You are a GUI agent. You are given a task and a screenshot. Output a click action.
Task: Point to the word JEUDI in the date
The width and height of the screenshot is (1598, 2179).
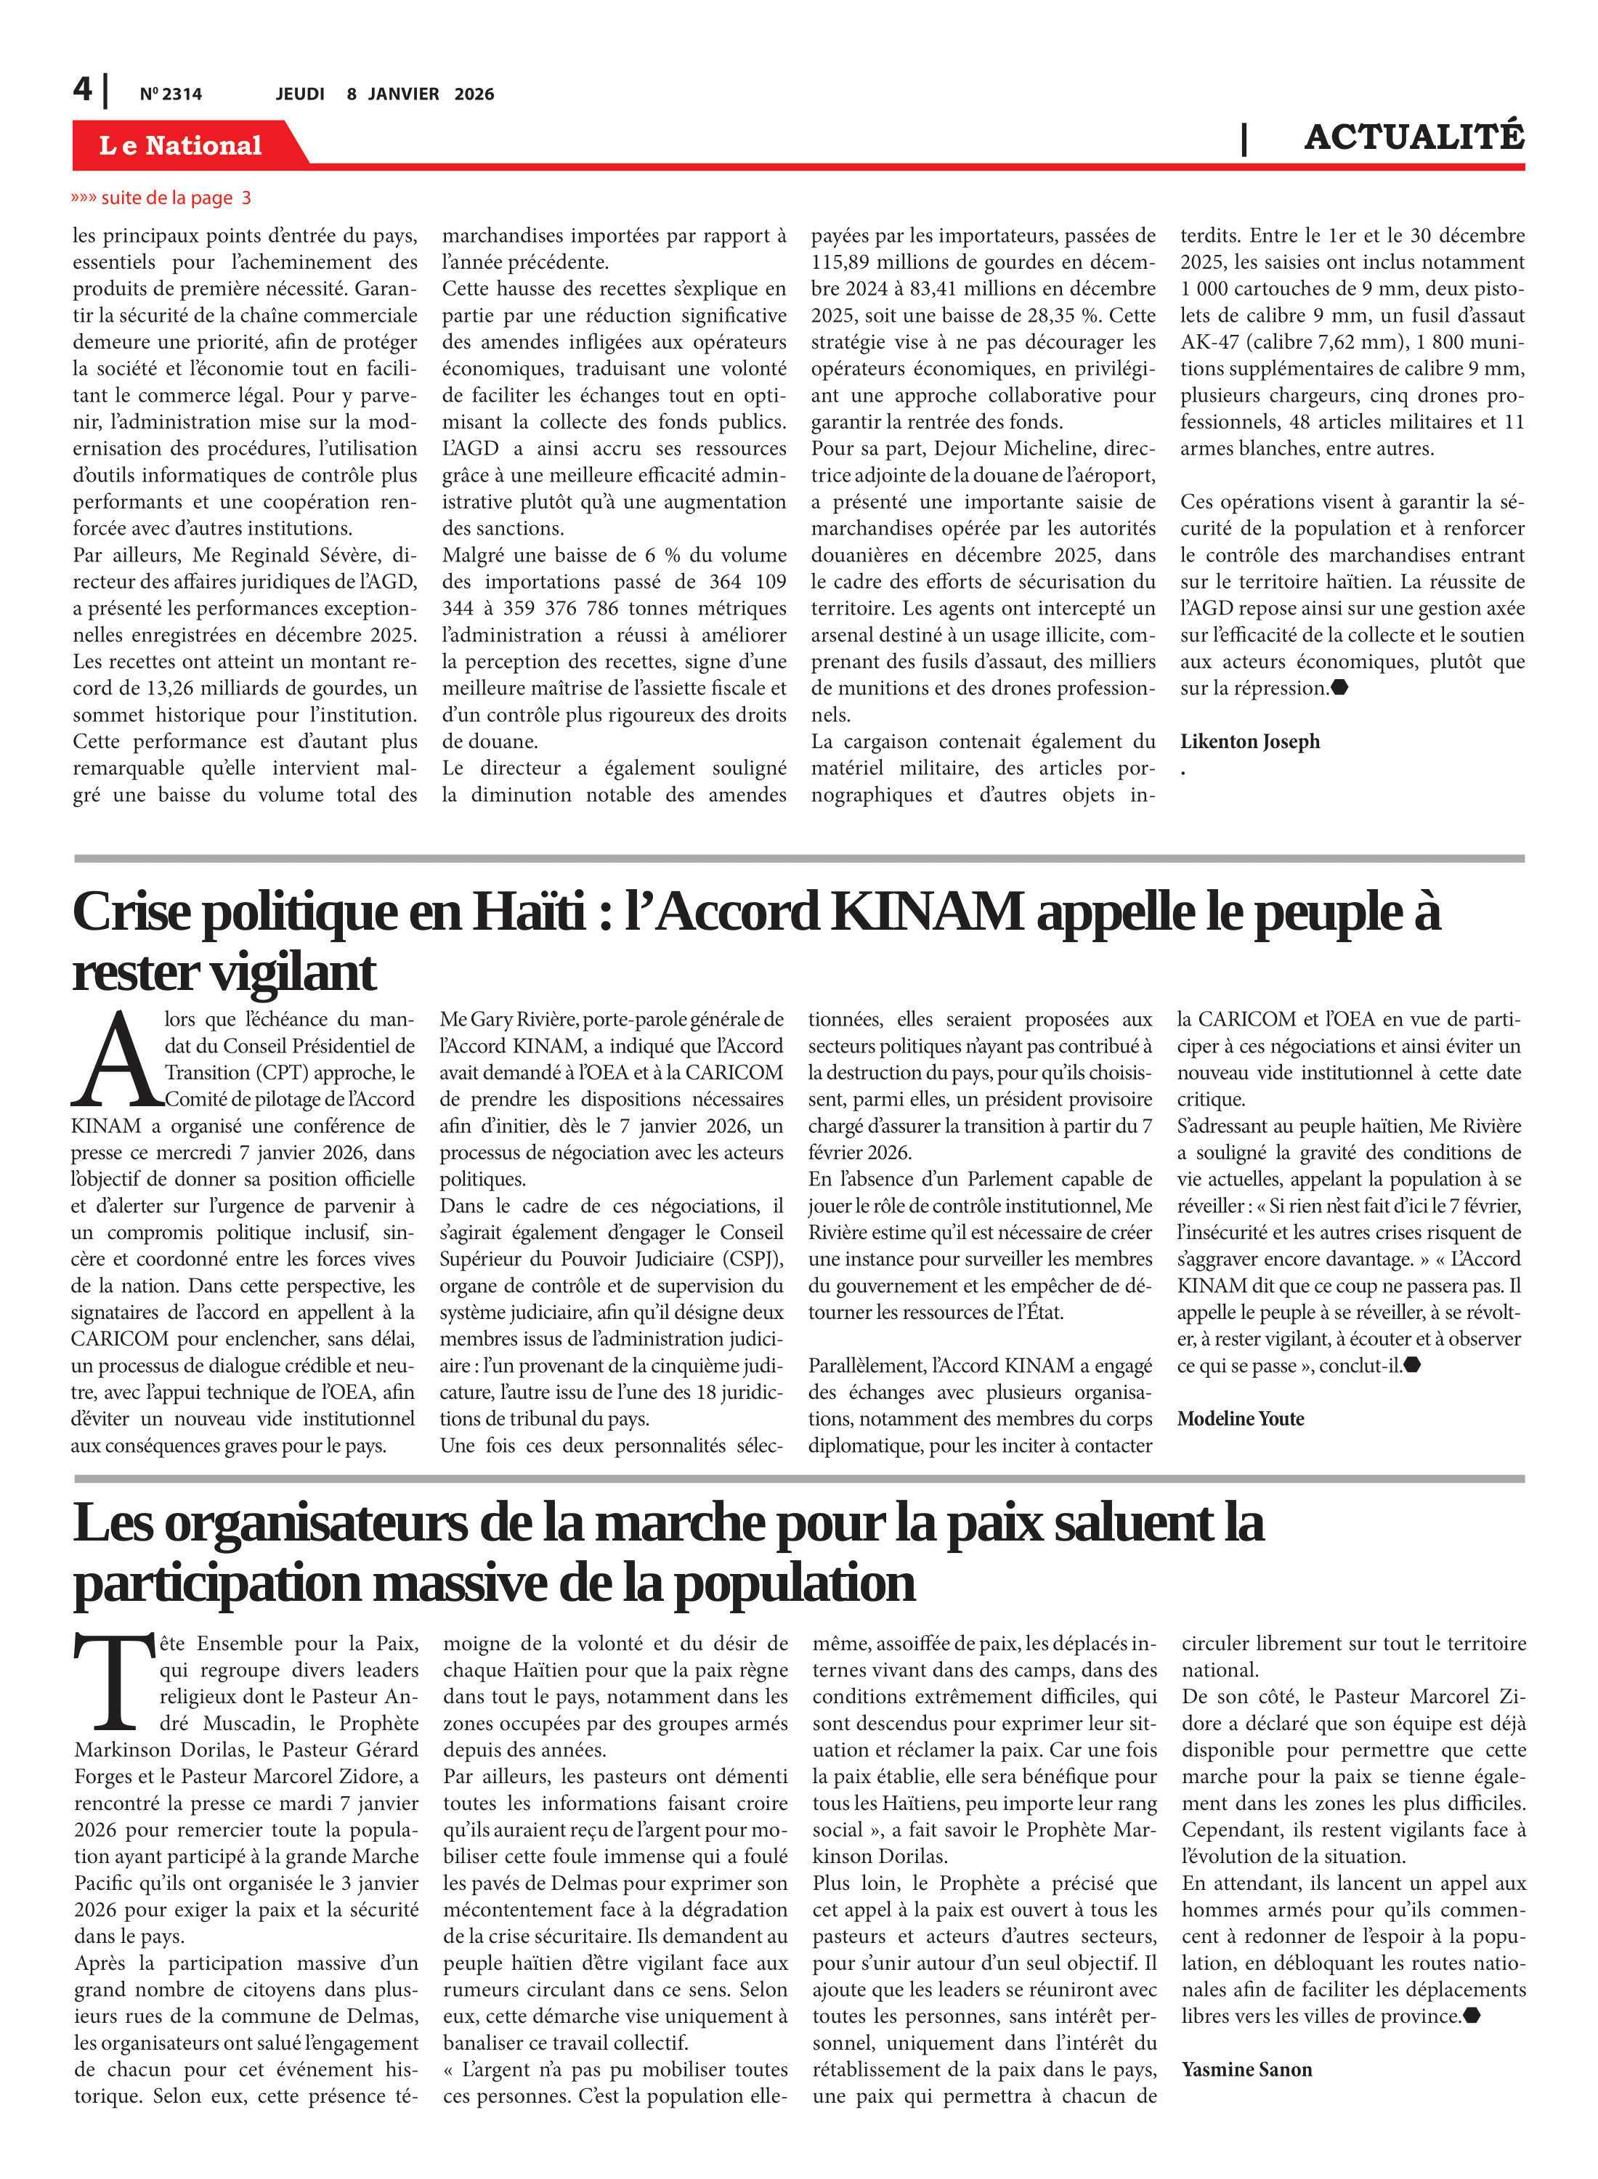[300, 94]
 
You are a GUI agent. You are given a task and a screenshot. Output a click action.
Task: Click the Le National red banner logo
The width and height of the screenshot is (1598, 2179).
[181, 145]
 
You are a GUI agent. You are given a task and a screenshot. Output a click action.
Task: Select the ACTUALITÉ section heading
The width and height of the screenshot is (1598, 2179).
[1414, 137]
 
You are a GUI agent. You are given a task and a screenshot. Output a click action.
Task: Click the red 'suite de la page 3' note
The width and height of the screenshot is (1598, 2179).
[161, 198]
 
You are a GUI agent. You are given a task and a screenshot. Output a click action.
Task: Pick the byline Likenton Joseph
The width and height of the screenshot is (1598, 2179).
[1249, 742]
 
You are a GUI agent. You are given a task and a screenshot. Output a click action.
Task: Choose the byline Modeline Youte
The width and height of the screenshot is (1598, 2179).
[1240, 1419]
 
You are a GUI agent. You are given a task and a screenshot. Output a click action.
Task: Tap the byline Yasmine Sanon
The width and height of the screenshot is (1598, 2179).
[1246, 2070]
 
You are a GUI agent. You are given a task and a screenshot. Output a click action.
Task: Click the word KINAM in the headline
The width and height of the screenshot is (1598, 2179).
[927, 912]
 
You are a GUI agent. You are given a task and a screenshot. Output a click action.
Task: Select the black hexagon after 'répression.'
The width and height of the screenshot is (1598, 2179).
[1339, 688]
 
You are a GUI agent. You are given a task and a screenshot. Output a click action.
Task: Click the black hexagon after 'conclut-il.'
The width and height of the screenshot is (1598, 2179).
[1412, 1366]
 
